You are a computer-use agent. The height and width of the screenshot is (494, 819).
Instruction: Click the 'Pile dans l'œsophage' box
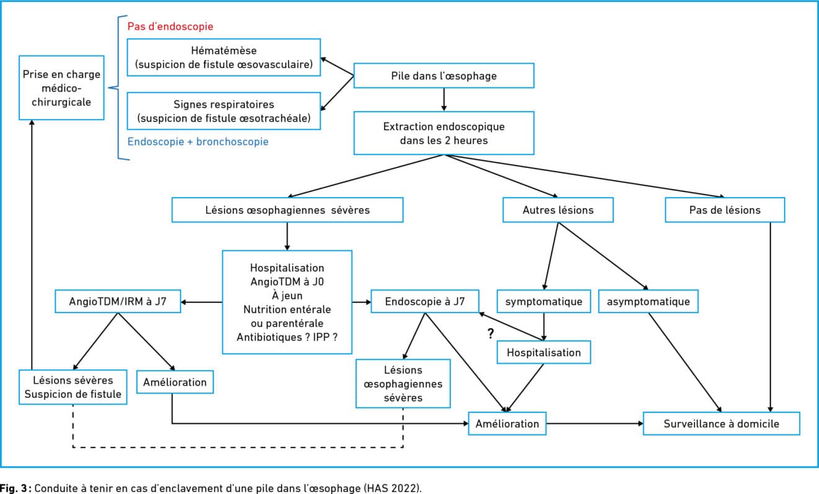coord(444,76)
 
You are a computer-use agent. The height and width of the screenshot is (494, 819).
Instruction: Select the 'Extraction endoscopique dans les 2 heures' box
coord(444,133)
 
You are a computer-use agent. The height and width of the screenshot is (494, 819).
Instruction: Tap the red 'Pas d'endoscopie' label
coord(171,26)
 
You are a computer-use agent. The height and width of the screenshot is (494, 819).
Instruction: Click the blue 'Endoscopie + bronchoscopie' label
coord(198,141)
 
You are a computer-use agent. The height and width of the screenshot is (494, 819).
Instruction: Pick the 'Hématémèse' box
coord(224,58)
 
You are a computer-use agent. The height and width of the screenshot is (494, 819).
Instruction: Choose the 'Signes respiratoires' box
coord(224,111)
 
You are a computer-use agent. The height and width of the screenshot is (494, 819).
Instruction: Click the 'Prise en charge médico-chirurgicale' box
coord(61,87)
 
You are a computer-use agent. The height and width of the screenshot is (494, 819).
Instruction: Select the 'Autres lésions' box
coord(558,210)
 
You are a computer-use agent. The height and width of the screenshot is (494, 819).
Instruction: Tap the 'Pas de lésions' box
coord(725,210)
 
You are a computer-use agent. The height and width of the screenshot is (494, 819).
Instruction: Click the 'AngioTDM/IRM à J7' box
coord(118,301)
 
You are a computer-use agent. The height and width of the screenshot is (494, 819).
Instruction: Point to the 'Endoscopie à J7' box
coord(425,301)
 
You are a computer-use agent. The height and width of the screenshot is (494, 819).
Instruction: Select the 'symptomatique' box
coord(544,301)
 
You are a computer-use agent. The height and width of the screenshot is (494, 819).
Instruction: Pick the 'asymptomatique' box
coord(648,301)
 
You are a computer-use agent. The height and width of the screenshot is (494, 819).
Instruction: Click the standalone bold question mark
coord(491,333)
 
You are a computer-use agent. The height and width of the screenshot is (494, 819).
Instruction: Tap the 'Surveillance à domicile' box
coord(722,423)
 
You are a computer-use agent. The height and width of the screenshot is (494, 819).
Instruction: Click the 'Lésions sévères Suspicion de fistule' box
coord(73,387)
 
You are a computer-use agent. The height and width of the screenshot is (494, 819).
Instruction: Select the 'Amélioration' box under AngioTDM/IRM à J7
coord(175,382)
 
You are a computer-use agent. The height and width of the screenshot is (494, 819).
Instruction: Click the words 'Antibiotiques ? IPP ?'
coord(287,337)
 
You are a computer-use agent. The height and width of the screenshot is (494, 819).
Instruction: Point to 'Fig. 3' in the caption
coord(14,488)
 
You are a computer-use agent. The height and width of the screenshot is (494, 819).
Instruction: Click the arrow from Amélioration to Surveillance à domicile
coord(595,423)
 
